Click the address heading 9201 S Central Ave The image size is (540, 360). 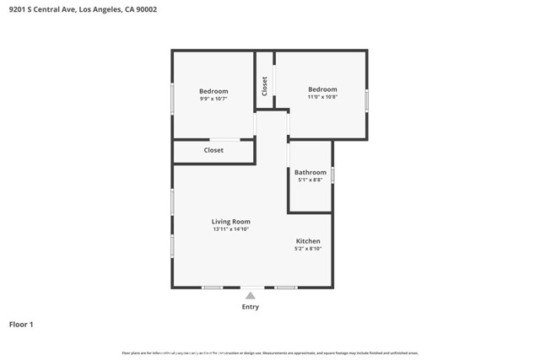tap(82, 10)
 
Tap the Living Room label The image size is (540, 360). tap(230, 222)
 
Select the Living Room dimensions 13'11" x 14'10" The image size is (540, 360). tap(230, 230)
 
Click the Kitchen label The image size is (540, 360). tap(307, 241)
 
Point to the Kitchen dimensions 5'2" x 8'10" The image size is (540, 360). tap(307, 250)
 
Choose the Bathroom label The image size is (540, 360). tap(310, 172)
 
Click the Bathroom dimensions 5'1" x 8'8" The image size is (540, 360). tap(310, 180)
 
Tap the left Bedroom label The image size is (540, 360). tap(213, 91)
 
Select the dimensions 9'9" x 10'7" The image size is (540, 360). tap(213, 99)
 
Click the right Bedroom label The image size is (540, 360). tap(322, 89)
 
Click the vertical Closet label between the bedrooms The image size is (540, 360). tap(265, 86)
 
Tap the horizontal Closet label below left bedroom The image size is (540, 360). tap(213, 150)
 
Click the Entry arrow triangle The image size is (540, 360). tap(251, 295)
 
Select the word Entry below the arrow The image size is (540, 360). tap(251, 307)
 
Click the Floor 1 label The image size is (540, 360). tap(21, 324)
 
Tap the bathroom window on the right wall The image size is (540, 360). tap(332, 175)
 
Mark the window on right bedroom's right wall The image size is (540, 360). tap(366, 100)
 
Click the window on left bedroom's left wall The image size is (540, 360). tap(173, 99)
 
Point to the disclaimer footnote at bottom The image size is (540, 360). tap(270, 353)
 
